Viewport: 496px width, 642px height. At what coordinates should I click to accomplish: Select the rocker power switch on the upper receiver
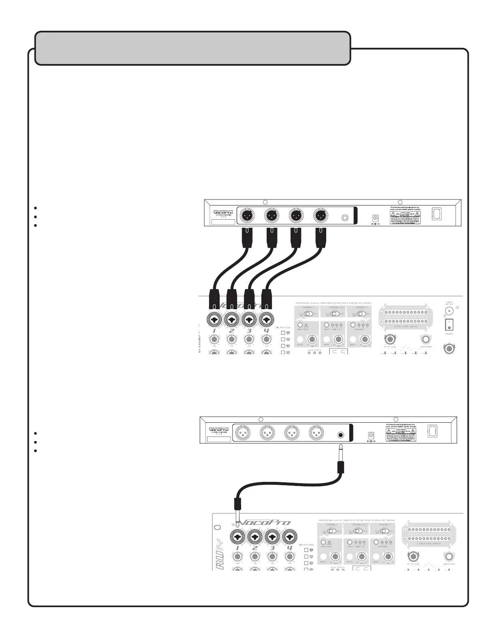pyautogui.click(x=436, y=214)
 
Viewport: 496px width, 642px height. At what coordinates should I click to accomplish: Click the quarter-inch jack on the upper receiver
pyautogui.click(x=345, y=217)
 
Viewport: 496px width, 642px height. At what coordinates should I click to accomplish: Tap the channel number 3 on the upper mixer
pyautogui.click(x=249, y=331)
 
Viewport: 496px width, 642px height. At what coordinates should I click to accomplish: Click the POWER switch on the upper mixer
pyautogui.click(x=449, y=324)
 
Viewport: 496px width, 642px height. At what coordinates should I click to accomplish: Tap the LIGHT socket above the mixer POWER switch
pyautogui.click(x=449, y=311)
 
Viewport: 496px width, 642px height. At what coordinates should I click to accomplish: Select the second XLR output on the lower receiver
pyautogui.click(x=267, y=433)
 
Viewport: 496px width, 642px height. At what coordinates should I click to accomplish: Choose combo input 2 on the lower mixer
pyautogui.click(x=254, y=537)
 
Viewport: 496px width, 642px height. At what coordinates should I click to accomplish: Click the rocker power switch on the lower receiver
pyautogui.click(x=432, y=431)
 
